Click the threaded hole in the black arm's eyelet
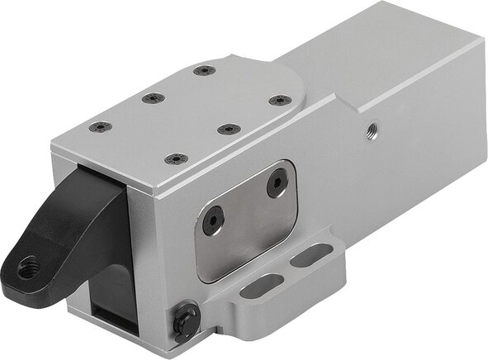(30, 266)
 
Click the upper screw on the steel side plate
(277, 182)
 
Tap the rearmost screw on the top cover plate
(205, 70)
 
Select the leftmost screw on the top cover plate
(100, 127)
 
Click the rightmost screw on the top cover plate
(280, 101)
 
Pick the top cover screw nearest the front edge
(176, 159)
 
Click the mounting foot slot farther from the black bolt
(310, 257)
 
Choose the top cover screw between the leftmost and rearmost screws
(153, 98)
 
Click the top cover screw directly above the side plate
(228, 129)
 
